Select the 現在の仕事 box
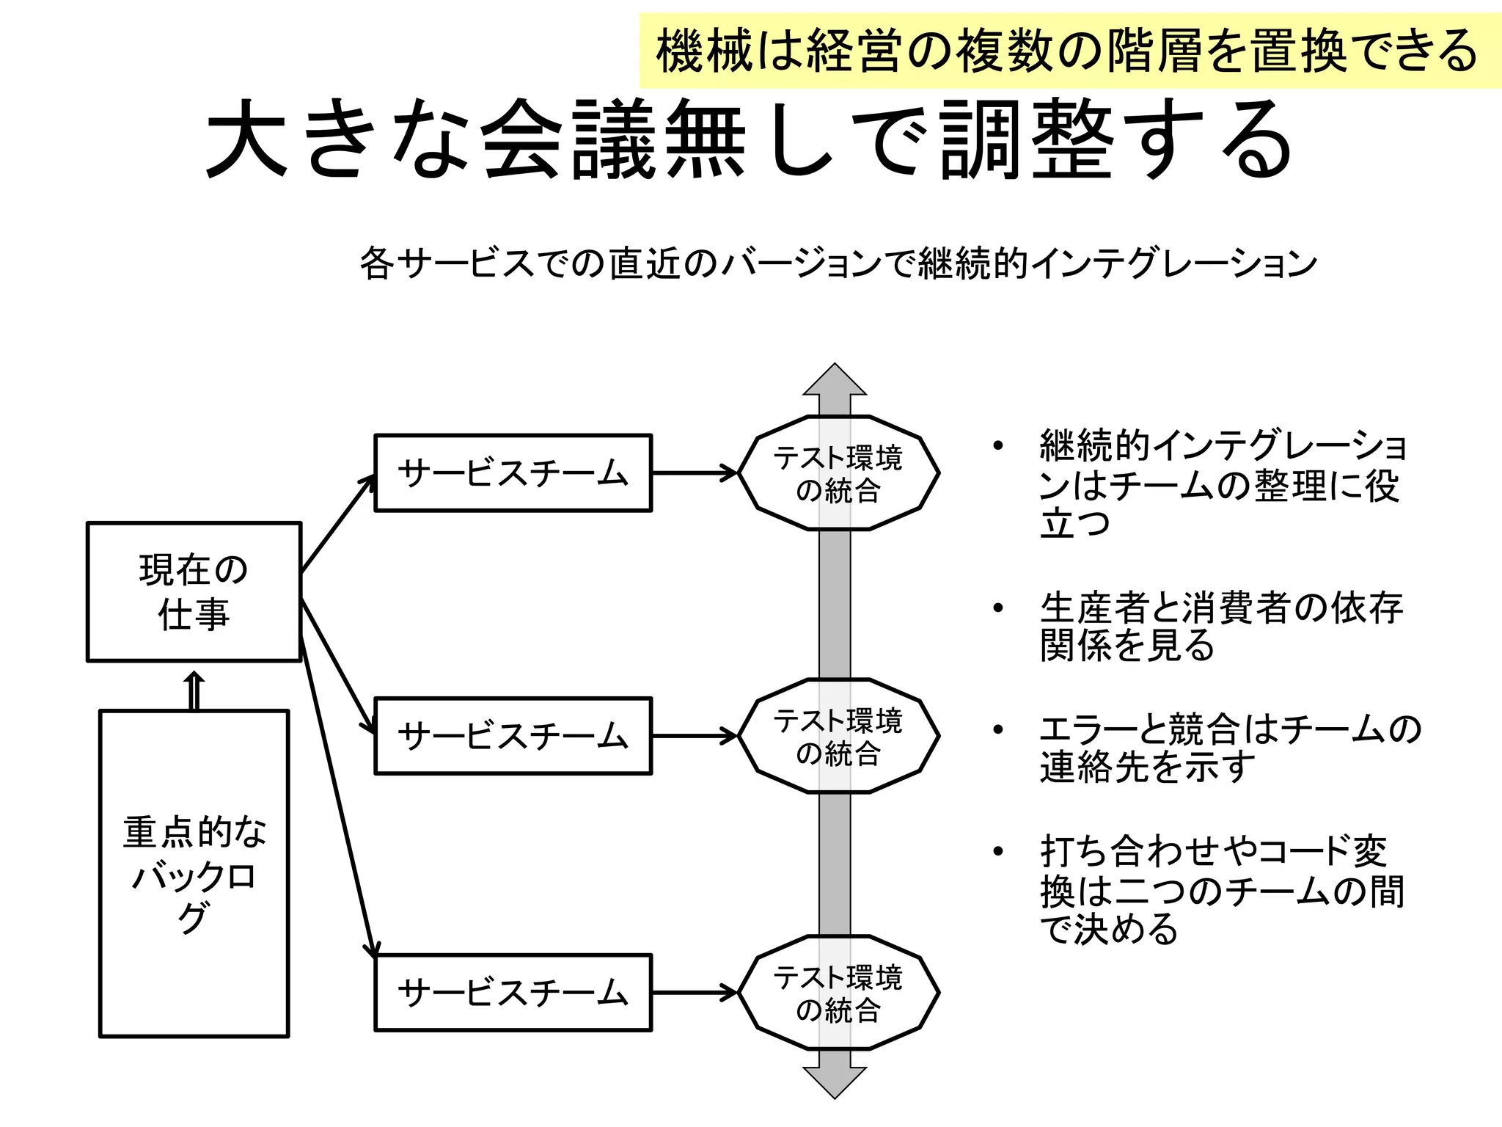pyautogui.click(x=194, y=591)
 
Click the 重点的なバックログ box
pyautogui.click(x=194, y=873)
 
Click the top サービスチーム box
pyautogui.click(x=513, y=473)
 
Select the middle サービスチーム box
pyautogui.click(x=513, y=736)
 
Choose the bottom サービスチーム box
pyautogui.click(x=513, y=993)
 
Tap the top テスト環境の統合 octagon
pyautogui.click(x=838, y=473)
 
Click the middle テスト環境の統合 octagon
pyautogui.click(x=838, y=736)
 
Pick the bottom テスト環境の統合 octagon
pyautogui.click(x=838, y=993)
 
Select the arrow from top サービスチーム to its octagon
pyautogui.click(x=694, y=473)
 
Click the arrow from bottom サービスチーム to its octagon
pyautogui.click(x=694, y=993)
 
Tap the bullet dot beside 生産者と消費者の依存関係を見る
pyautogui.click(x=997, y=608)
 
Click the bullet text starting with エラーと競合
pyautogui.click(x=1229, y=748)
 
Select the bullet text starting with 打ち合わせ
pyautogui.click(x=1222, y=889)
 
